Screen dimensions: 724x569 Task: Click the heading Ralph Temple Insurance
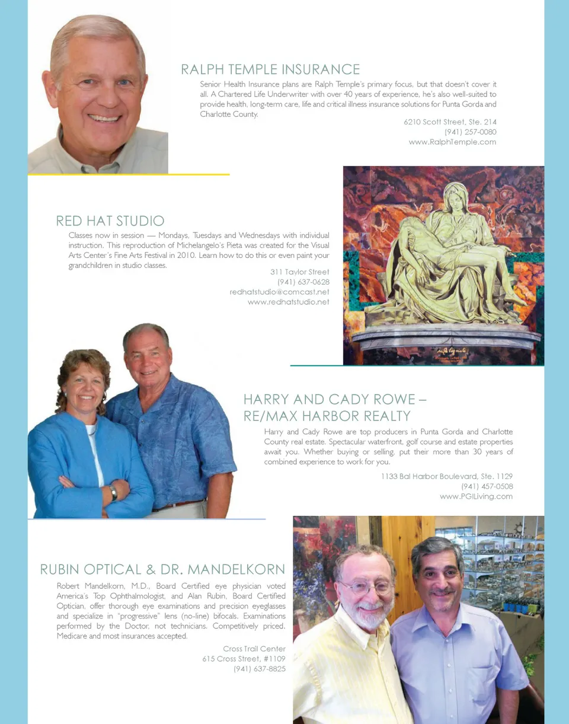pos(270,69)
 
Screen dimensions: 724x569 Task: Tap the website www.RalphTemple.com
pos(452,142)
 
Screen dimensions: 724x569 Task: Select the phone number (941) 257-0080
pos(470,132)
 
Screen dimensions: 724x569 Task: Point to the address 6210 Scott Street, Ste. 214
pos(450,122)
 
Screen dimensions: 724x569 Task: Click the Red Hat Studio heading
pos(110,221)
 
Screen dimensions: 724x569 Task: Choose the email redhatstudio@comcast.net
pos(279,292)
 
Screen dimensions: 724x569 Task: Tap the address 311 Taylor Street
pos(299,272)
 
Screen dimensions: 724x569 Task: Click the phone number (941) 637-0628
pos(303,282)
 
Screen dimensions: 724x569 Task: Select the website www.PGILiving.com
pos(476,496)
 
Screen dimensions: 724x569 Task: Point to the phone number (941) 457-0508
pos(487,486)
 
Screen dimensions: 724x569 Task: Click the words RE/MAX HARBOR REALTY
pos(327,416)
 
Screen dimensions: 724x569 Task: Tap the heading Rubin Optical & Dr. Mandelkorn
pos(162,570)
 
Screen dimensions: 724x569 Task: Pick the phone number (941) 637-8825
pos(259,669)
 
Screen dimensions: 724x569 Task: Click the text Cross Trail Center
pos(254,649)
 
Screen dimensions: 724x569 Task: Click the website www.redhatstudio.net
pos(288,302)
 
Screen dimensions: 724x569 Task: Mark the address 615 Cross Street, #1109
pos(244,659)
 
